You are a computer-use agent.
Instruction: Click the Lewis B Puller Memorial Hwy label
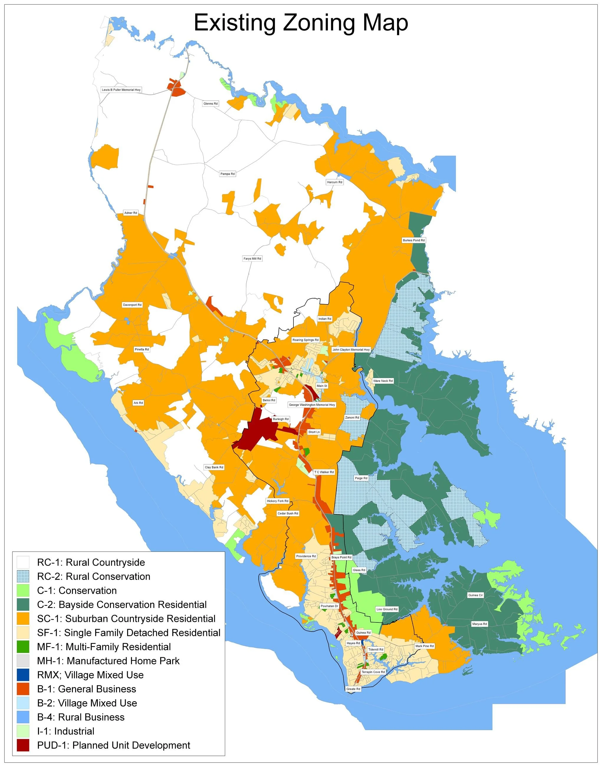[121, 90]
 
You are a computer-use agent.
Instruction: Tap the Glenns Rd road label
[210, 104]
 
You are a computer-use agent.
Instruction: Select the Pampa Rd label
[227, 174]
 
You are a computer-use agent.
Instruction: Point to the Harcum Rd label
[334, 182]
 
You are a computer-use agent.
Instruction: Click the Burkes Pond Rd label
[414, 240]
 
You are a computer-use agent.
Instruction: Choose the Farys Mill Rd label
[252, 259]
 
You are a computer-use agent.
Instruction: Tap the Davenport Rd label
[132, 305]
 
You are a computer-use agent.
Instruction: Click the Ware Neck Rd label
[383, 381]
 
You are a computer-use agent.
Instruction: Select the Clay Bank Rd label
[214, 467]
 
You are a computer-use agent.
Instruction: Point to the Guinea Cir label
[475, 595]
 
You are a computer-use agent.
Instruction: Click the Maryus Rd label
[479, 624]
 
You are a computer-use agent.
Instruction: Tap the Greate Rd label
[353, 689]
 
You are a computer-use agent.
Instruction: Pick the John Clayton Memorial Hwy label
[351, 350]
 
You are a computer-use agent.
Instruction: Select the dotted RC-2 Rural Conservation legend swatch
[23, 577]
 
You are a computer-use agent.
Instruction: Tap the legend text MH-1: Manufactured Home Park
[108, 661]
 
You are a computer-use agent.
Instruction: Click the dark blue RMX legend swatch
[23, 675]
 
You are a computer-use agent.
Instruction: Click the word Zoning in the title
[319, 23]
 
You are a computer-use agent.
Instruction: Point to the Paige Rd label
[361, 478]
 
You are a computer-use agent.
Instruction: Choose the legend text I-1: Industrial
[65, 731]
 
